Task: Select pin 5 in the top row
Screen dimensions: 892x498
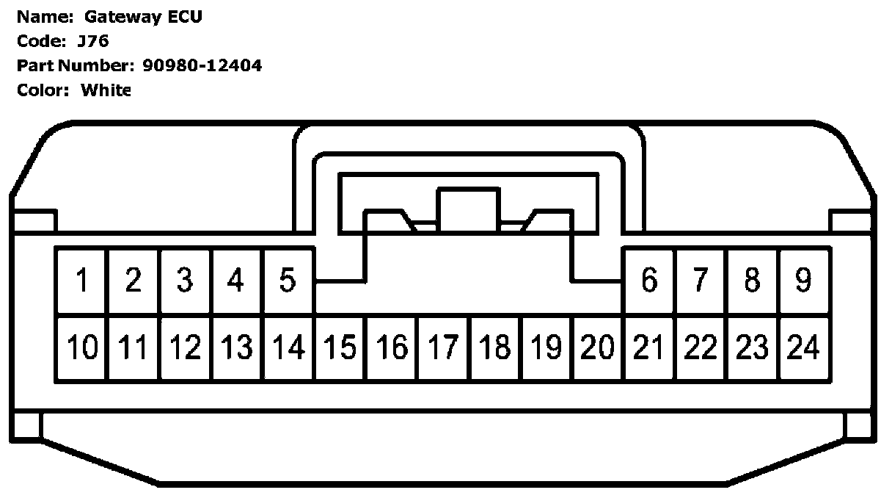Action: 288,280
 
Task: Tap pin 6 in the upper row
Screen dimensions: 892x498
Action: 649,280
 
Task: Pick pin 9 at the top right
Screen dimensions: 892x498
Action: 804,280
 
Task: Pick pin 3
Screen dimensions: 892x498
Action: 185,280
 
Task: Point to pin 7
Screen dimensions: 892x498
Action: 701,280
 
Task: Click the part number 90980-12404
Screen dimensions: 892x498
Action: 200,66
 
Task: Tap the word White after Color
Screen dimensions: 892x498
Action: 106,90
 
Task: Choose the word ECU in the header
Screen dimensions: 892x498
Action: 185,17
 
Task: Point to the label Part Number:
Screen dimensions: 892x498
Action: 73,66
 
